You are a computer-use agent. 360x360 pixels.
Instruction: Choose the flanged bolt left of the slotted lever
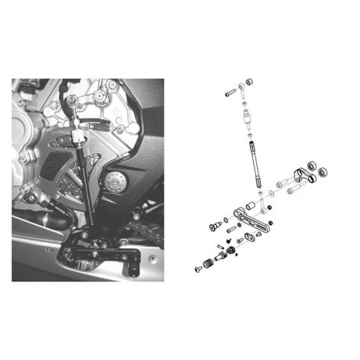pos(212,226)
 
